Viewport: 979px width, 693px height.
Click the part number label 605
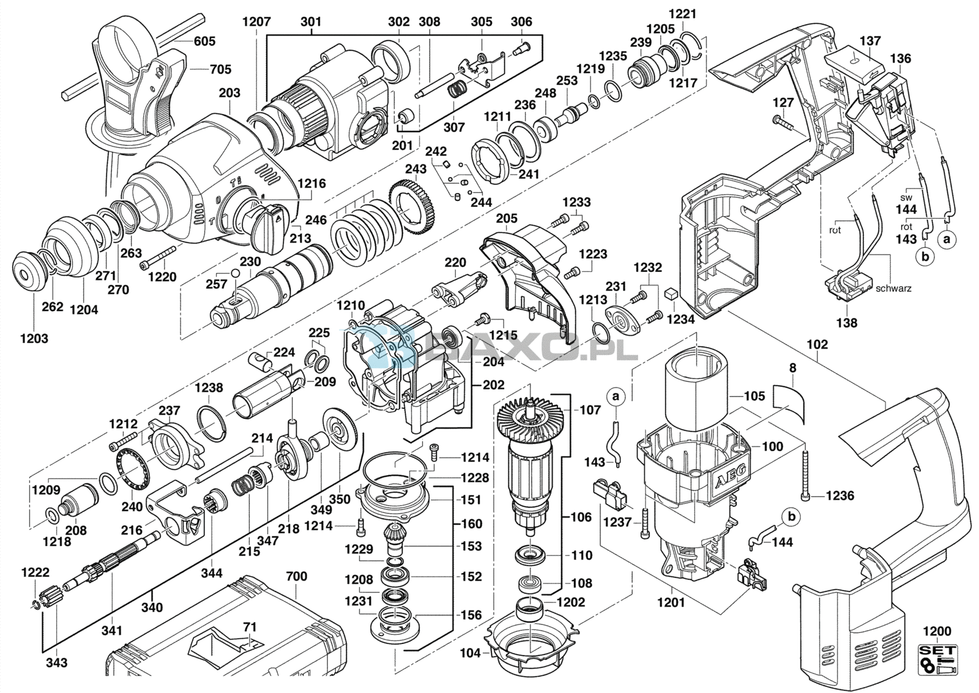204,41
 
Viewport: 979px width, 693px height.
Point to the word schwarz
894,288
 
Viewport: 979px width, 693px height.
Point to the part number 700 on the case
297,576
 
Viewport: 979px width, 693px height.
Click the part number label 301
311,21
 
